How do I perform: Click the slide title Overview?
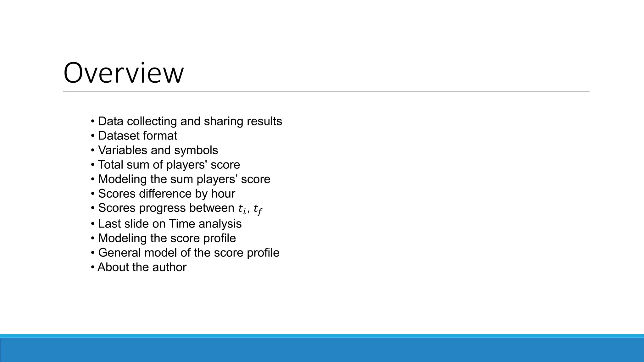tap(123, 73)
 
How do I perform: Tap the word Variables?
tap(123, 150)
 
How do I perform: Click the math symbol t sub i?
tap(242, 209)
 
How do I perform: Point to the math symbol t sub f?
tap(258, 209)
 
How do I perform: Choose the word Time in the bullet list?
tap(182, 224)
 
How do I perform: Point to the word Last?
tap(108, 224)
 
